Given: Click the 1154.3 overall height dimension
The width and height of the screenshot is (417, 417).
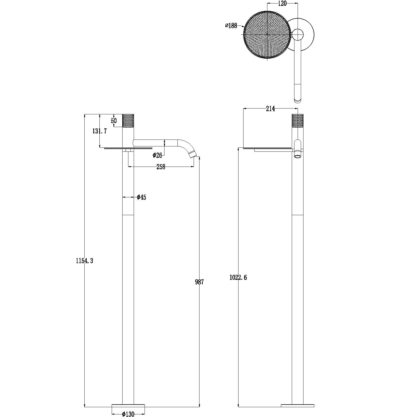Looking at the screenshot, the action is (84, 261).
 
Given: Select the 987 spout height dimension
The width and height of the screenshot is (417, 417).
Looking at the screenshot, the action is (199, 282).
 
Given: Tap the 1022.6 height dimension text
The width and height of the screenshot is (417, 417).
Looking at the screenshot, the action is (238, 277).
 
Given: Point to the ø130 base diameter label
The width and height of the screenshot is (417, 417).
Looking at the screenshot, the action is (128, 414).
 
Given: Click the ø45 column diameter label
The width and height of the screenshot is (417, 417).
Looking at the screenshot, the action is (142, 197).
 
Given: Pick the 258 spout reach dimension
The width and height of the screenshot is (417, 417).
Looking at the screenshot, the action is (161, 167).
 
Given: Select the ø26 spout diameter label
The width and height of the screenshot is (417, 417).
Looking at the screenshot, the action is (157, 155).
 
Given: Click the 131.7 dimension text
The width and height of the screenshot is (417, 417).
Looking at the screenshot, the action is (99, 131).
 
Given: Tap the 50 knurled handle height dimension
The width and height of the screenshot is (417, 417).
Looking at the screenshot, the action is (114, 121).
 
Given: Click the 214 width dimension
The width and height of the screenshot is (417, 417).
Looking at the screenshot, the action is (270, 108).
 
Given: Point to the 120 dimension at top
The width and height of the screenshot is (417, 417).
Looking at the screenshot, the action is (282, 3).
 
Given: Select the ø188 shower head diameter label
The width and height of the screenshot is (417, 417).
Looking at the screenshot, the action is (231, 26).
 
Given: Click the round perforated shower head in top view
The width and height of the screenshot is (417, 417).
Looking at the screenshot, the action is (267, 34).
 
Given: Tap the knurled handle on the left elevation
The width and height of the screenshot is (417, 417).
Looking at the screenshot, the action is (128, 121).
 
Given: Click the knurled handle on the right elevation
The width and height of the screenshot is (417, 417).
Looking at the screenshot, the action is (298, 121).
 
